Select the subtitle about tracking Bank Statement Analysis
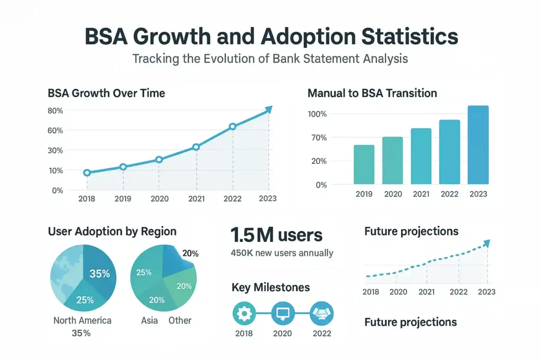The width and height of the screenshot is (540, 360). click(x=270, y=59)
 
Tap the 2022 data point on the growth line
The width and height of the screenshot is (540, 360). click(x=233, y=127)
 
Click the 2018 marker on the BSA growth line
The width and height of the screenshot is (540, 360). click(x=87, y=173)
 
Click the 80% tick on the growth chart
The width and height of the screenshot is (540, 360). click(x=55, y=111)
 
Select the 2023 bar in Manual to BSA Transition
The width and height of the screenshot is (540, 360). click(x=478, y=145)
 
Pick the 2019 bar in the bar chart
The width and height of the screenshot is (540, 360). click(x=364, y=164)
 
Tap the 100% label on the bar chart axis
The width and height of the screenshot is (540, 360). click(x=317, y=114)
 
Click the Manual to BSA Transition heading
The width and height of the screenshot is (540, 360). click(x=372, y=93)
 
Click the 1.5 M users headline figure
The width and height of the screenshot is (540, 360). click(x=276, y=235)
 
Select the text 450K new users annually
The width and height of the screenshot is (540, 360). click(x=282, y=253)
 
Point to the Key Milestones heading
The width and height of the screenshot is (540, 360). click(x=271, y=287)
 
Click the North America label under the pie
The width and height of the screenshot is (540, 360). click(x=82, y=320)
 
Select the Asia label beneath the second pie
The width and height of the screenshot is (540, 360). click(x=150, y=320)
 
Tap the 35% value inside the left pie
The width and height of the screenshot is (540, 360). click(x=99, y=274)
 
